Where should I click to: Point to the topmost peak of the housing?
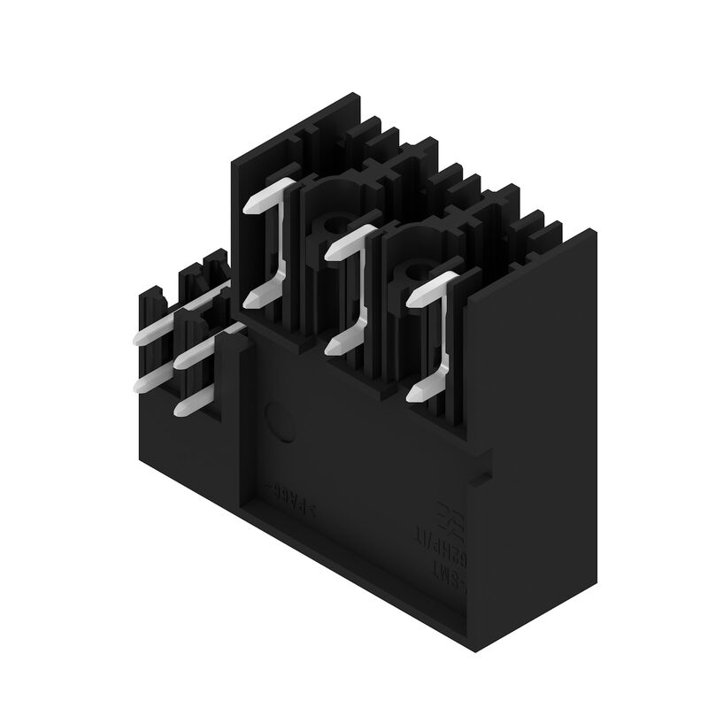point(354,92)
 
